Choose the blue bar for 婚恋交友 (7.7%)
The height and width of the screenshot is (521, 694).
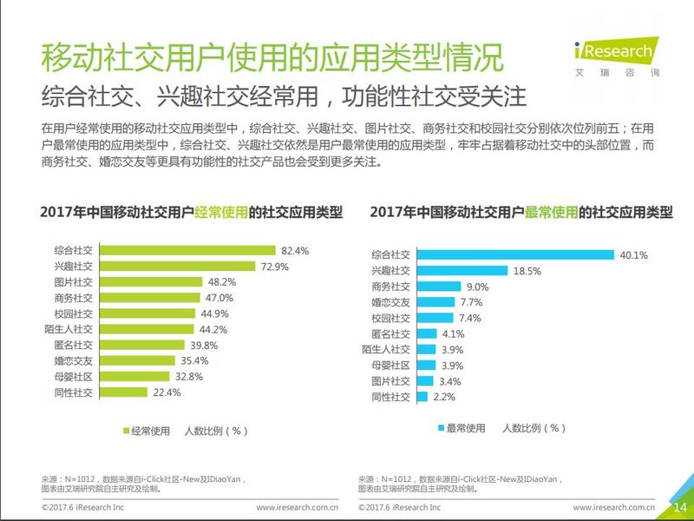click(x=435, y=302)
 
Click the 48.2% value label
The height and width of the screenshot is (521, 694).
click(x=221, y=282)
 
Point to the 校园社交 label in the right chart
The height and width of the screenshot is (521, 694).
click(x=390, y=318)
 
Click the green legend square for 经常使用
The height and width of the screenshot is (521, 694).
click(x=124, y=429)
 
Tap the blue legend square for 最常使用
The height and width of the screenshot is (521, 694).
click(x=441, y=428)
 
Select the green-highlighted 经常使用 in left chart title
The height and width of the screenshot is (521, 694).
click(x=220, y=212)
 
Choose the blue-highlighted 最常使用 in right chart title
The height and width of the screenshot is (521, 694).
click(x=550, y=212)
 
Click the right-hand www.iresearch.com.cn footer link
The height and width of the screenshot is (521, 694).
click(x=612, y=506)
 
